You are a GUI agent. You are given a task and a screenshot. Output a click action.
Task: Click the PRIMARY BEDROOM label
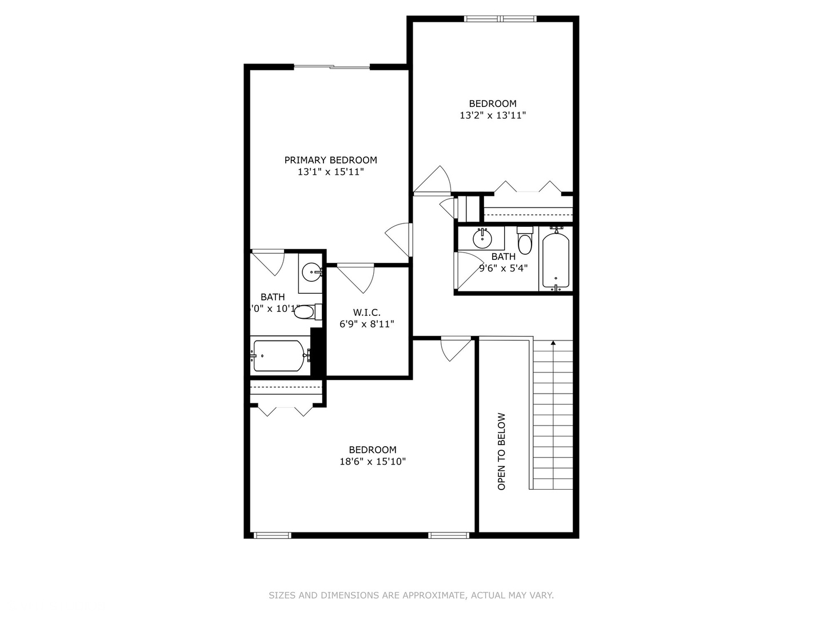[x=330, y=160]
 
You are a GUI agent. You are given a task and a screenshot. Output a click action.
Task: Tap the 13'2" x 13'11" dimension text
[x=493, y=115]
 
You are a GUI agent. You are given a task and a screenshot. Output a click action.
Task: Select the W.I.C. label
[x=366, y=312]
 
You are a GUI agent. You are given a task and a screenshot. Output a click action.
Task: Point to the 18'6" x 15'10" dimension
[x=373, y=462]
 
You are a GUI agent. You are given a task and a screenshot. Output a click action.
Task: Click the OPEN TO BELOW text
[x=502, y=451]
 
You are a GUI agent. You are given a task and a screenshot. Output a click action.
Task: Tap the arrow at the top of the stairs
[x=553, y=343]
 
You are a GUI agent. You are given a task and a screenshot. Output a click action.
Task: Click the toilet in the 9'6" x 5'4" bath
[x=525, y=241]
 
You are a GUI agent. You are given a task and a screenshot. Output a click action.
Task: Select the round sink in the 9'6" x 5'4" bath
[x=482, y=238]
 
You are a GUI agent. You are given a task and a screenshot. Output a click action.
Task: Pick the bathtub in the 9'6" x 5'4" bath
[x=556, y=259]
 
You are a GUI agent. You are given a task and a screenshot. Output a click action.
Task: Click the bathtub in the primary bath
[x=279, y=356]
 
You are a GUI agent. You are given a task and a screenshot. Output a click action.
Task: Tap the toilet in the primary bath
[x=306, y=312]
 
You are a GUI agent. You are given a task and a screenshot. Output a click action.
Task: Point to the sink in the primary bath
[x=312, y=272]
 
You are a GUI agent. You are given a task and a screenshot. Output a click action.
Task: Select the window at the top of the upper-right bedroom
[x=501, y=19]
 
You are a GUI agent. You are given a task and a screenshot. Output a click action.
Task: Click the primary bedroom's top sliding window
[x=331, y=67]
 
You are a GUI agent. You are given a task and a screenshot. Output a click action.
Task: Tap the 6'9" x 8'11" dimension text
[x=366, y=324]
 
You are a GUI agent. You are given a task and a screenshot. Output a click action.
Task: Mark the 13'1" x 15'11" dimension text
[x=330, y=172]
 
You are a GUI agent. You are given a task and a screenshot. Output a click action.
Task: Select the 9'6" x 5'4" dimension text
[x=504, y=268]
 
